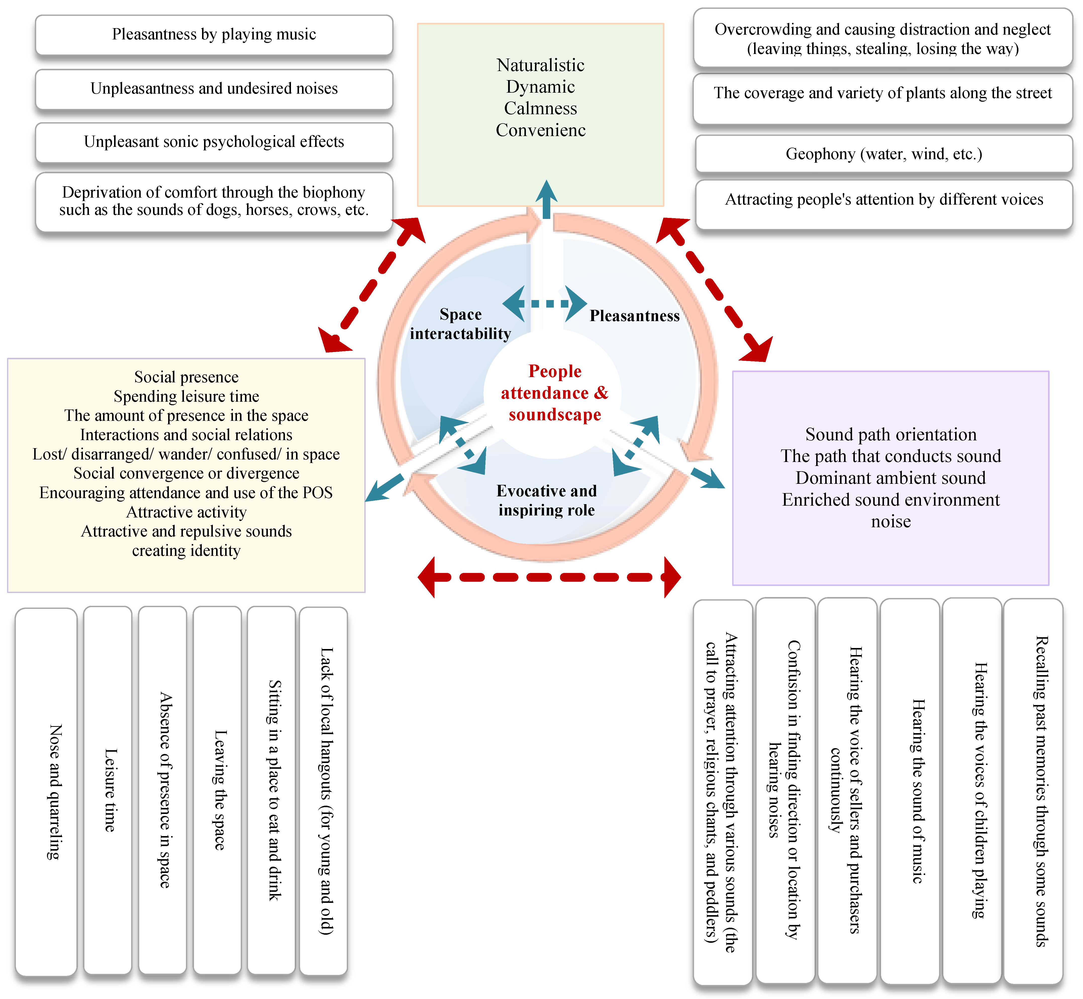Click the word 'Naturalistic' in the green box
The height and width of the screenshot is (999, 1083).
(x=540, y=66)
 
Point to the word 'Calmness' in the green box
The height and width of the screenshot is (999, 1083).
(x=540, y=109)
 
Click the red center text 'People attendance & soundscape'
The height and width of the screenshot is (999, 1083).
(x=555, y=393)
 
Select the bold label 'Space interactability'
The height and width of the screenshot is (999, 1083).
(x=460, y=324)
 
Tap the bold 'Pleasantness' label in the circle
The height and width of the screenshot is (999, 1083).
(x=634, y=316)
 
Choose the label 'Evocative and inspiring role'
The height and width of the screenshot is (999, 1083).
(x=546, y=501)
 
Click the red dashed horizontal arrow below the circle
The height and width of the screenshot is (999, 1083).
(x=549, y=577)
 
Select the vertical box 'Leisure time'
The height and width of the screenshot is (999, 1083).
(x=108, y=790)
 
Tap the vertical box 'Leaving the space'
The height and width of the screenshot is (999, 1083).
(x=217, y=790)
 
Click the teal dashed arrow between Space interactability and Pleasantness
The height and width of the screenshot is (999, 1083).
(x=544, y=304)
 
